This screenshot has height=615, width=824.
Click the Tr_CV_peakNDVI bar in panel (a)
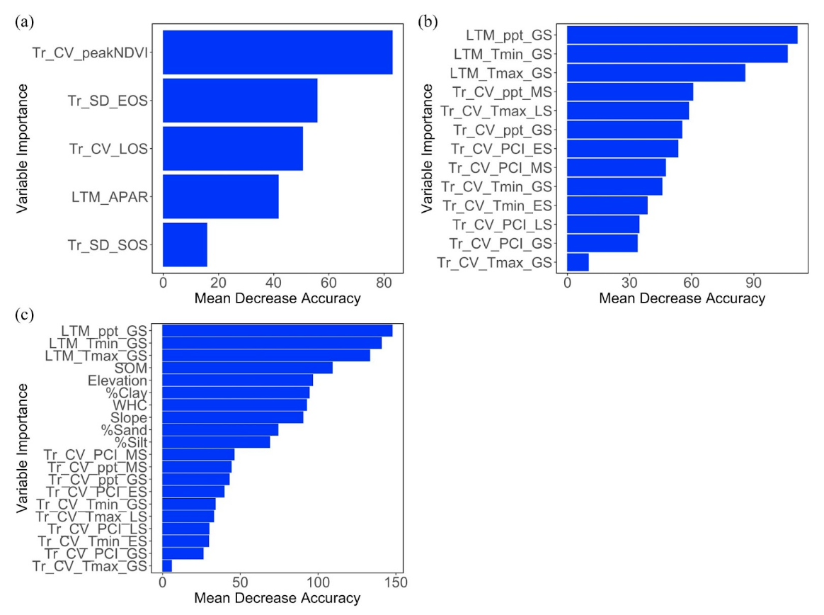click(x=277, y=52)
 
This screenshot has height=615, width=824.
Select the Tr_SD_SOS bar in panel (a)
click(x=185, y=245)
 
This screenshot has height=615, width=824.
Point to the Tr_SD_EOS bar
click(x=240, y=101)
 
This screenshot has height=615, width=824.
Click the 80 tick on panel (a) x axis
click(x=384, y=282)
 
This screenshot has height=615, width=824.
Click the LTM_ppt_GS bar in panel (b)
click(x=682, y=35)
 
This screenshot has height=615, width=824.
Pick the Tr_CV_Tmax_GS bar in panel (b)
click(x=578, y=263)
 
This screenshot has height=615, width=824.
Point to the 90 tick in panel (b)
click(x=753, y=282)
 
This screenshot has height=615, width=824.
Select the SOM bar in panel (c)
click(x=247, y=368)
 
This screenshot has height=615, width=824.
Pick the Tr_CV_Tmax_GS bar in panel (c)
click(x=167, y=565)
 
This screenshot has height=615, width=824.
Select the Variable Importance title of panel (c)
click(x=23, y=448)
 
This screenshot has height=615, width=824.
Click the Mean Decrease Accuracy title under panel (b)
click(x=682, y=299)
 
